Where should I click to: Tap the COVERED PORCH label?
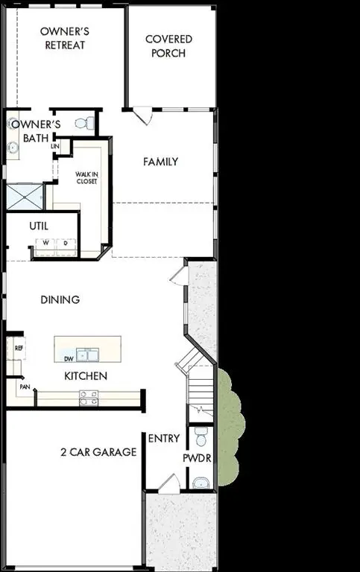pos(168,46)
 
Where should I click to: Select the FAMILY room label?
pos(160,162)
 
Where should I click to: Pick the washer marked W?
pos(45,243)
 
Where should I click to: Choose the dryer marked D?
pos(65,243)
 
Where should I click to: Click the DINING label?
pos(60,299)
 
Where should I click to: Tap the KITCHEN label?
pos(85,376)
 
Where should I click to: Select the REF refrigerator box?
pos(19,347)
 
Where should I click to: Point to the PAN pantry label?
pos(25,387)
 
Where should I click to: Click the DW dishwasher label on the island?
pos(68,357)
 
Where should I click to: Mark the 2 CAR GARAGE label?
pos(98,452)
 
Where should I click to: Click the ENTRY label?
pos(164,439)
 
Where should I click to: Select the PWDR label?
pos(198,458)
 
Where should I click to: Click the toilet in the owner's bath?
pos(89,123)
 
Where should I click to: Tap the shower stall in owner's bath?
pos(26,197)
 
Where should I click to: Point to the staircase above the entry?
pos(200,390)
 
